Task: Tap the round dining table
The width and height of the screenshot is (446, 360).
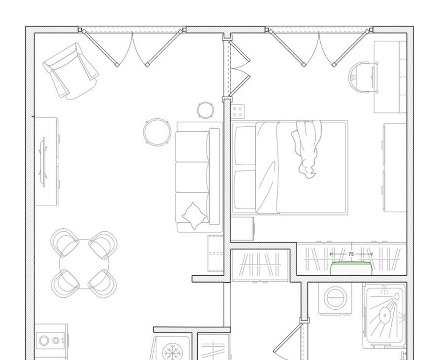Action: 84,264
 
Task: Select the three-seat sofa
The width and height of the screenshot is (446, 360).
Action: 199,177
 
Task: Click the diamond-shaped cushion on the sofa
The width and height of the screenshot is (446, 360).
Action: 194,216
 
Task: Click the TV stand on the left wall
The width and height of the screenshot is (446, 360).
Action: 46,161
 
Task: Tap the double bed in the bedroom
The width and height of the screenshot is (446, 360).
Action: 290,168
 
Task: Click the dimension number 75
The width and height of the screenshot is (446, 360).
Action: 351,254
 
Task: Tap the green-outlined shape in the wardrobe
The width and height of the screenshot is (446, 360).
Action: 351,269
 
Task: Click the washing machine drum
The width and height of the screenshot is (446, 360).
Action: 335,298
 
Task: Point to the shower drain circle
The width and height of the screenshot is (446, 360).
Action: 385,315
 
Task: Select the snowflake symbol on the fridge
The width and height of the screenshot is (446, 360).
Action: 172,352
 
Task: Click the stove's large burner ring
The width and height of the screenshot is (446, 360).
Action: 44,340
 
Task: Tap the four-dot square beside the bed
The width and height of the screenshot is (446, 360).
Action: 238,111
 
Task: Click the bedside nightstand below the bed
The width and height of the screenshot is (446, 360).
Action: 242,229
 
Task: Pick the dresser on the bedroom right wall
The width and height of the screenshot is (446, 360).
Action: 395,168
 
